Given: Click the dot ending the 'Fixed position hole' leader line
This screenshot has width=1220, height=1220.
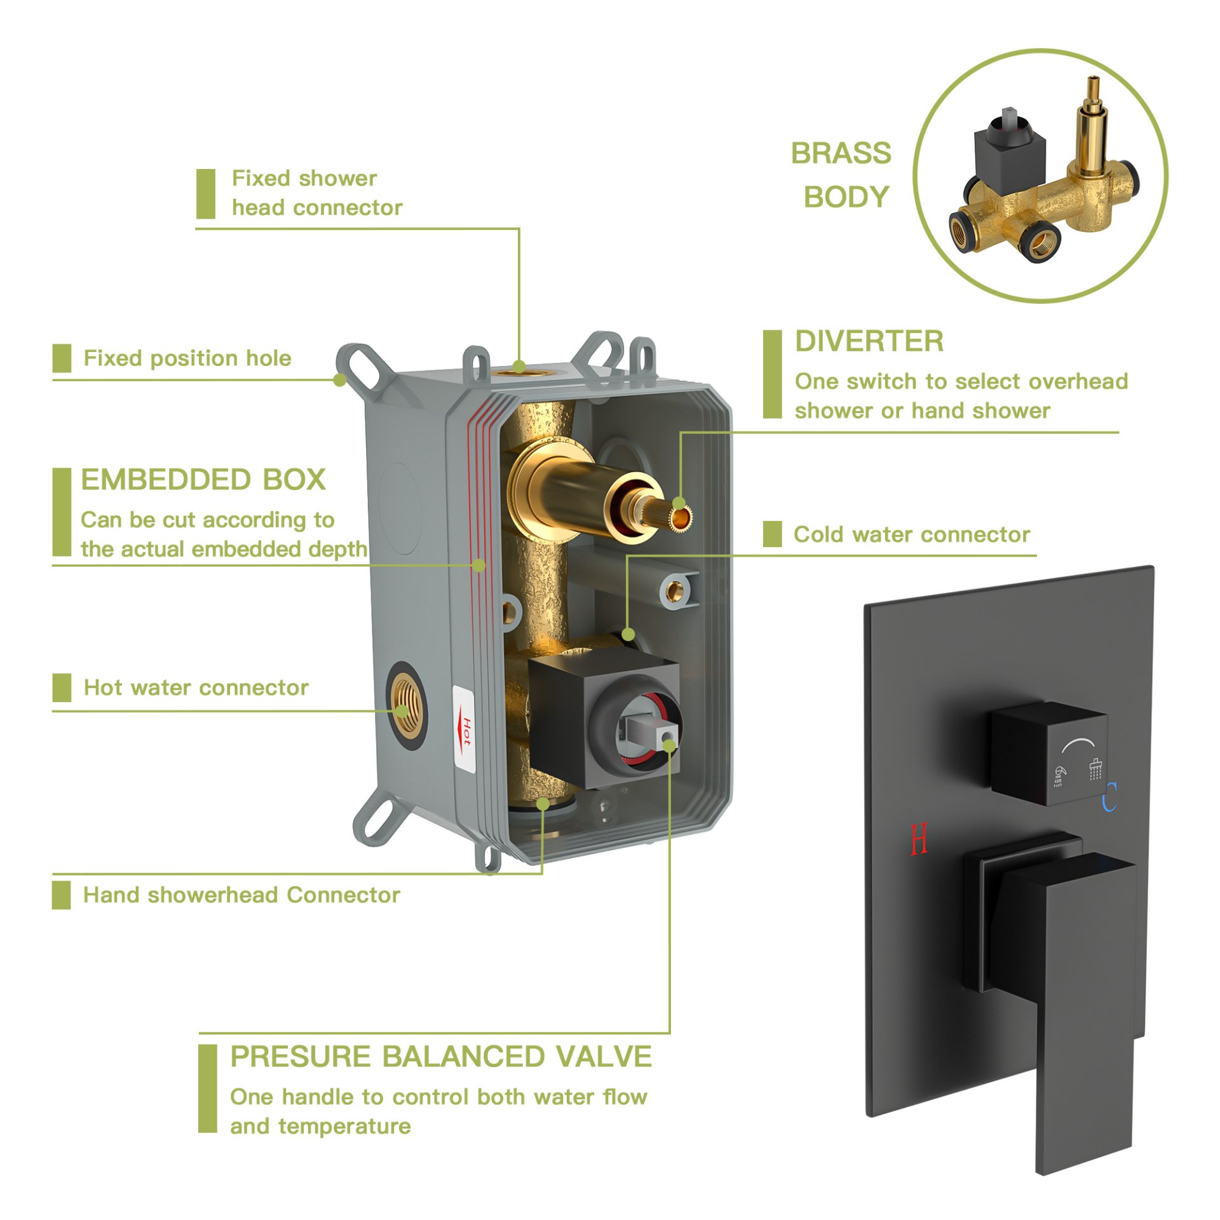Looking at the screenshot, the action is (340, 380).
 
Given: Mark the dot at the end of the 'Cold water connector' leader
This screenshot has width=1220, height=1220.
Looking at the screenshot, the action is (628, 634).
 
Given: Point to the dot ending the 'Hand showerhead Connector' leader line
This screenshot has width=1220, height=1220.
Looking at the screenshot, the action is (543, 804).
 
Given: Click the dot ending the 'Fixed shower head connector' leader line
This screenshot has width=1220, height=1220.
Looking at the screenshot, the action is (519, 367).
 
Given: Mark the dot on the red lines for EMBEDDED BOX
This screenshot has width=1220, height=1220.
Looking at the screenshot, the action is (480, 565).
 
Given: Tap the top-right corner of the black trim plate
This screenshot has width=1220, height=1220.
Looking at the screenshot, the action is (1153, 566).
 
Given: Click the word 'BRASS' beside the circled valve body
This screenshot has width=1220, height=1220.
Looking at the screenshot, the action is (841, 153).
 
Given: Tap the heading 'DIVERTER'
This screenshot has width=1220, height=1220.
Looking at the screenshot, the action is (869, 341).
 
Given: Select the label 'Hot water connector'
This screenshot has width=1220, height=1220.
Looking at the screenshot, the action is (196, 688).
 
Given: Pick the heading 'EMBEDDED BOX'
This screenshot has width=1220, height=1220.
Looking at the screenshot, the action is (203, 480).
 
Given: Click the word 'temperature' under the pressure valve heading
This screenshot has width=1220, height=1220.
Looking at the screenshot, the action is (345, 1127).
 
